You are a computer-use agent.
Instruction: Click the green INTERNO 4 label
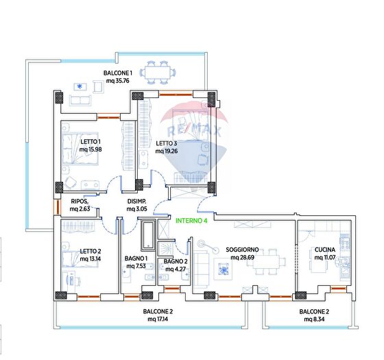(x=191, y=221)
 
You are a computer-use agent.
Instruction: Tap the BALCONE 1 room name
(x=117, y=73)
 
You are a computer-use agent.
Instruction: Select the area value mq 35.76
(x=117, y=81)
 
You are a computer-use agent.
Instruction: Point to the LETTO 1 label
(x=91, y=141)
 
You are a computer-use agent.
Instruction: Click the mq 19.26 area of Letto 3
(x=167, y=151)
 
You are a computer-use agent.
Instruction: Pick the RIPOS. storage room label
(x=80, y=202)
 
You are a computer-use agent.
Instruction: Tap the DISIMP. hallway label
(x=136, y=202)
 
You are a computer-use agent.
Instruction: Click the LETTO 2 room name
(x=91, y=251)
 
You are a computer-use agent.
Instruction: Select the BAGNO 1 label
(x=136, y=258)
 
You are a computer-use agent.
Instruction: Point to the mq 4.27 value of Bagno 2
(x=176, y=269)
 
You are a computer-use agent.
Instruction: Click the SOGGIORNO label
(x=242, y=250)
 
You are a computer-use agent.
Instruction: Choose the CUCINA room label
(x=325, y=250)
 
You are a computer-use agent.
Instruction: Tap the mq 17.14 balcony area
(x=158, y=319)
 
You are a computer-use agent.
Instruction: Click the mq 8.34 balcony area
(x=314, y=319)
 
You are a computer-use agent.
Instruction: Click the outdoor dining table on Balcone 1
(x=158, y=73)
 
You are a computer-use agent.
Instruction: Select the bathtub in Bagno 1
(x=148, y=235)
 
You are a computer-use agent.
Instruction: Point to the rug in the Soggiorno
(x=223, y=269)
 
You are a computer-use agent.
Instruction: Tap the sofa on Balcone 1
(x=80, y=100)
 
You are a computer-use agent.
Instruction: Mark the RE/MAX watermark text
(x=194, y=130)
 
